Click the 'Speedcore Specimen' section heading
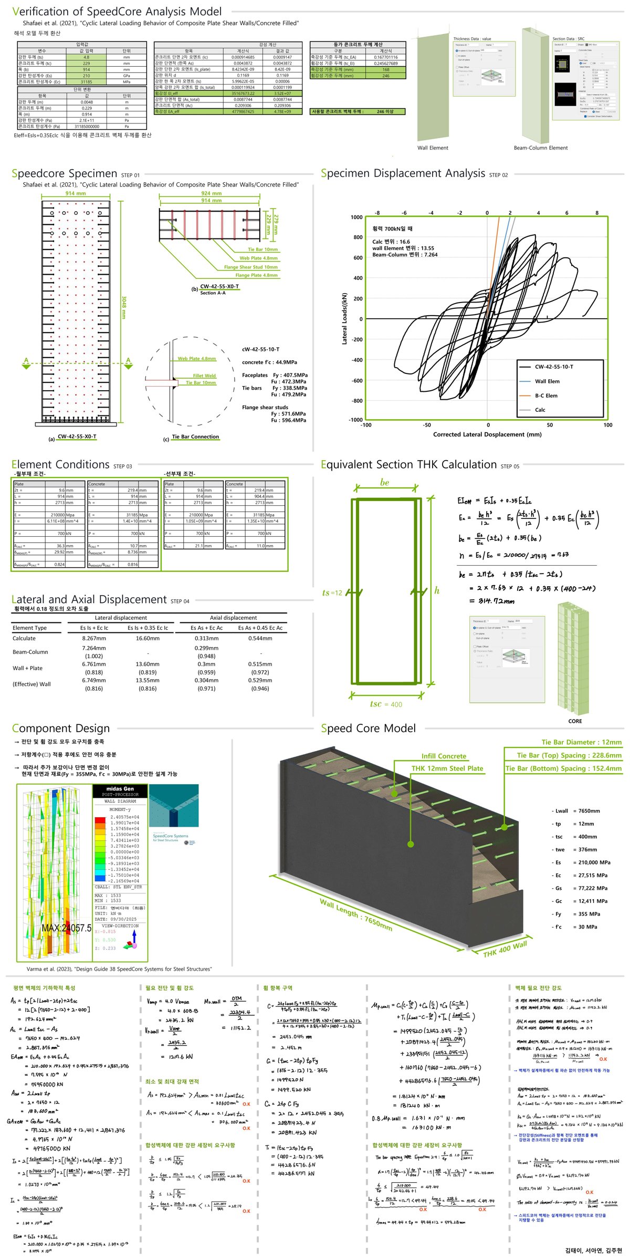click(65, 174)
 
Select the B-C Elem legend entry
click(546, 395)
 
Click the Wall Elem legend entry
click(547, 381)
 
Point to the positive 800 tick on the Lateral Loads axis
click(357, 237)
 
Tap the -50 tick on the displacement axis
click(427, 425)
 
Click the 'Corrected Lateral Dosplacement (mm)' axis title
click(487, 434)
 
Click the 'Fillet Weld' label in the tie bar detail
click(204, 376)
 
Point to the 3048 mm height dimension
click(124, 307)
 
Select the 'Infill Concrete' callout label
click(444, 756)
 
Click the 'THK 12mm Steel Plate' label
click(447, 768)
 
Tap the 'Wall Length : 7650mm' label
click(356, 914)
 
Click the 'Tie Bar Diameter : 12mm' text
click(581, 742)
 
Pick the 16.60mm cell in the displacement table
click(148, 638)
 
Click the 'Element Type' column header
click(29, 628)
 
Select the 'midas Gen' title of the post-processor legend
click(120, 788)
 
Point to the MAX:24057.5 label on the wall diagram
click(66, 928)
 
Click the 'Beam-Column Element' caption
click(540, 148)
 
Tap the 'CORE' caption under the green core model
click(575, 721)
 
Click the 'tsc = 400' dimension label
click(386, 704)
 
